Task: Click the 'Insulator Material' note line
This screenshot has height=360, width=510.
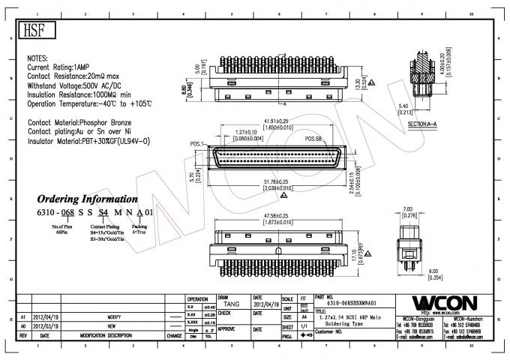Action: [89, 141]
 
